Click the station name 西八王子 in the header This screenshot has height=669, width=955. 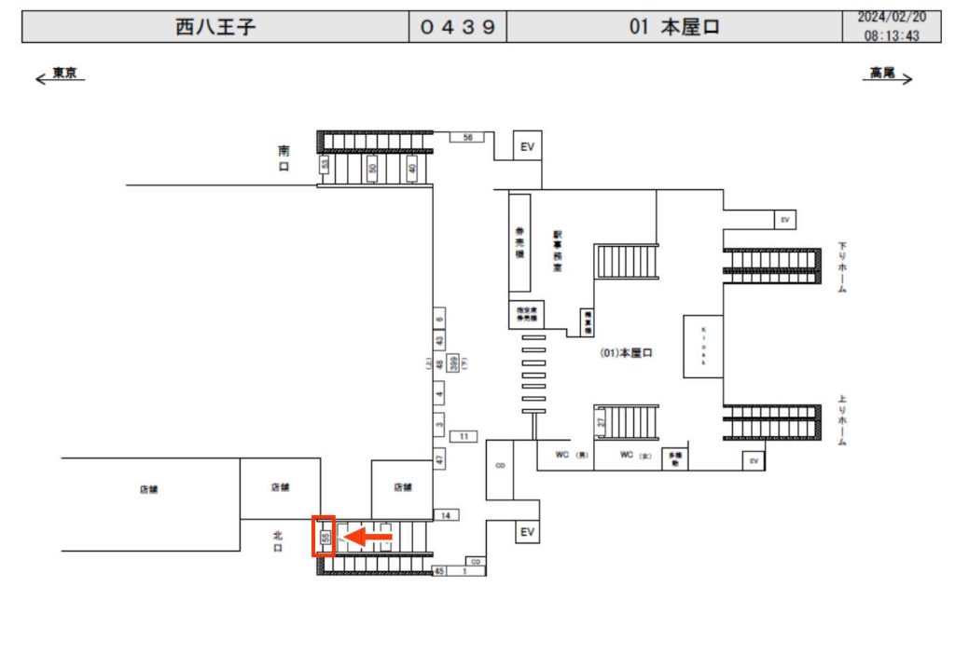coord(215,27)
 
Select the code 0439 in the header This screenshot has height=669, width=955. coord(457,27)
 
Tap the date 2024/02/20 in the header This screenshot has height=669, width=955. coord(893,18)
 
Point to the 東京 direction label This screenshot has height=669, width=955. coord(63,74)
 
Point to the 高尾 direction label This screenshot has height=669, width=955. coord(881,73)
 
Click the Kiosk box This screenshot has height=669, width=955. coord(704,347)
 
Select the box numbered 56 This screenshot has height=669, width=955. coord(468,137)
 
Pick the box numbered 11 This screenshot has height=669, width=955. coord(464,436)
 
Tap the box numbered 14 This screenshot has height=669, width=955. coord(447,515)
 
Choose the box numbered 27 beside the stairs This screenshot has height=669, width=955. coord(602,422)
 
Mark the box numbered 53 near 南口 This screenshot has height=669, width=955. coord(325,165)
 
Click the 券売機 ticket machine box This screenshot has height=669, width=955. coord(519,242)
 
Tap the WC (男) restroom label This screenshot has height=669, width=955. coord(572,456)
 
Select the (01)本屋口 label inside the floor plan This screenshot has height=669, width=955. coord(625,353)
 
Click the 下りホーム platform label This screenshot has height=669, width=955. coord(841,268)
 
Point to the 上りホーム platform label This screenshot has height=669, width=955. coord(841,421)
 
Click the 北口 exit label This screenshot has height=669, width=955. coord(277,542)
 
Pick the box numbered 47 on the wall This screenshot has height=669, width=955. coord(439,458)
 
